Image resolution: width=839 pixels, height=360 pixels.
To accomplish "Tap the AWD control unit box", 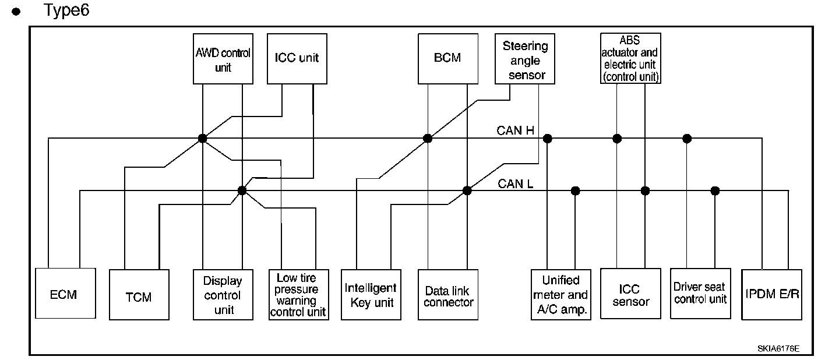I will pos(223,58).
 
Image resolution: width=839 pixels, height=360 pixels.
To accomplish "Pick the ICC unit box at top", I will pos(297,58).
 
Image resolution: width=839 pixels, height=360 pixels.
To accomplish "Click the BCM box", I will pos(447,58).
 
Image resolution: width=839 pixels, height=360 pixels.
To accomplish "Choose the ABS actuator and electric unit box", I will pos(631,58).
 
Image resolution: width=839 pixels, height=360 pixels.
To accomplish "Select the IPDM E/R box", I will pos(771,294).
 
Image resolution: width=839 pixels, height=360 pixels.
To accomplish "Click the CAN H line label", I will pos(515,130).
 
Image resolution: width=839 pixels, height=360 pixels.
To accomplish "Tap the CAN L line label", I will pos(516,183).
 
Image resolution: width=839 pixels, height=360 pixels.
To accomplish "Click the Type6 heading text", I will pos(66,10).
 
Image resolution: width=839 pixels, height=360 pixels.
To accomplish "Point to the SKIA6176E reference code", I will pos(778,348).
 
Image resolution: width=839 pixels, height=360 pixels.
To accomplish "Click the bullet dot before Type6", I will pos(24,12).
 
